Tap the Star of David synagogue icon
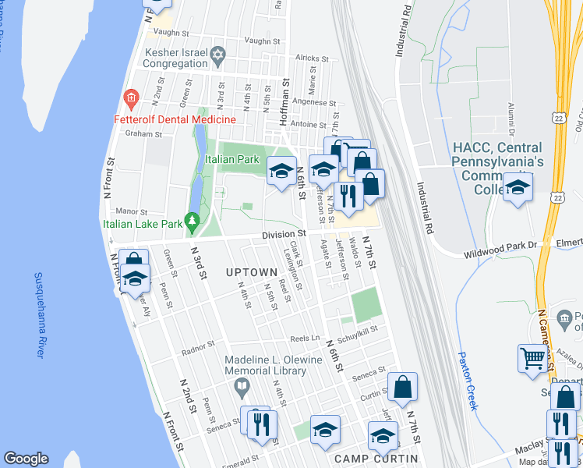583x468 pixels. pyautogui.click(x=218, y=55)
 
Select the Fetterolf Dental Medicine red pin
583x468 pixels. pyautogui.click(x=130, y=99)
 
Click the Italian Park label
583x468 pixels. pyautogui.click(x=231, y=159)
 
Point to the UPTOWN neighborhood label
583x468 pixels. pyautogui.click(x=251, y=272)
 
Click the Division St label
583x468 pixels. pyautogui.click(x=283, y=233)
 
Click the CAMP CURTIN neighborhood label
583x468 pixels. pyautogui.click(x=376, y=458)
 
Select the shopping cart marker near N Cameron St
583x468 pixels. pyautogui.click(x=533, y=359)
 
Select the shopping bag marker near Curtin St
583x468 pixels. pyautogui.click(x=402, y=388)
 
